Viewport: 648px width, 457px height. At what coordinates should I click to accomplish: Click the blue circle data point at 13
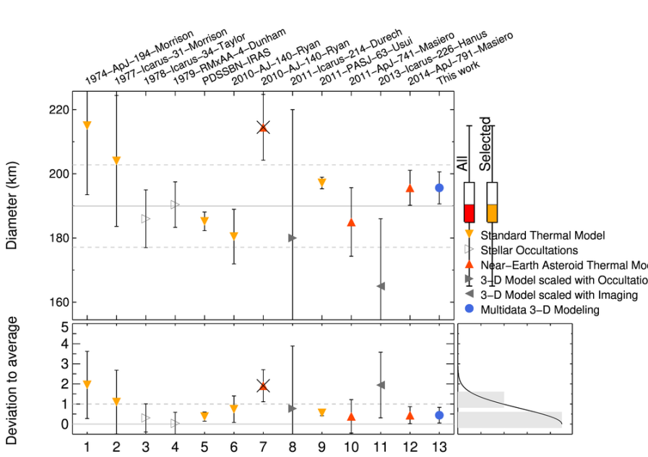click(439, 188)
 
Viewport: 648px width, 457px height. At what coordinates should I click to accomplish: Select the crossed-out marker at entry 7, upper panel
click(263, 128)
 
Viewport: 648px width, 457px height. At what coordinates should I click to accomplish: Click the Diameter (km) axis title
click(12, 206)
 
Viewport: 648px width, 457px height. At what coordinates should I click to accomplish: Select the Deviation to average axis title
click(12, 380)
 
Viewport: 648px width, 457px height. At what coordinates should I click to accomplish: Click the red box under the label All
click(469, 213)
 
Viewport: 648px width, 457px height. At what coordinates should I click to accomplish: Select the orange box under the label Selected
click(492, 212)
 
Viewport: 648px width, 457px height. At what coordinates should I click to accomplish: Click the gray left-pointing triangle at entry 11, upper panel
click(381, 287)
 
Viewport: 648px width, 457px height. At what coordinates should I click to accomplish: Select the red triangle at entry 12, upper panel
click(410, 188)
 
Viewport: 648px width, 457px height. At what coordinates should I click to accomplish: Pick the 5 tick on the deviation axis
click(64, 328)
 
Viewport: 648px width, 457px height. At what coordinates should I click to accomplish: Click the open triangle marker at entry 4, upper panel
click(175, 205)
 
